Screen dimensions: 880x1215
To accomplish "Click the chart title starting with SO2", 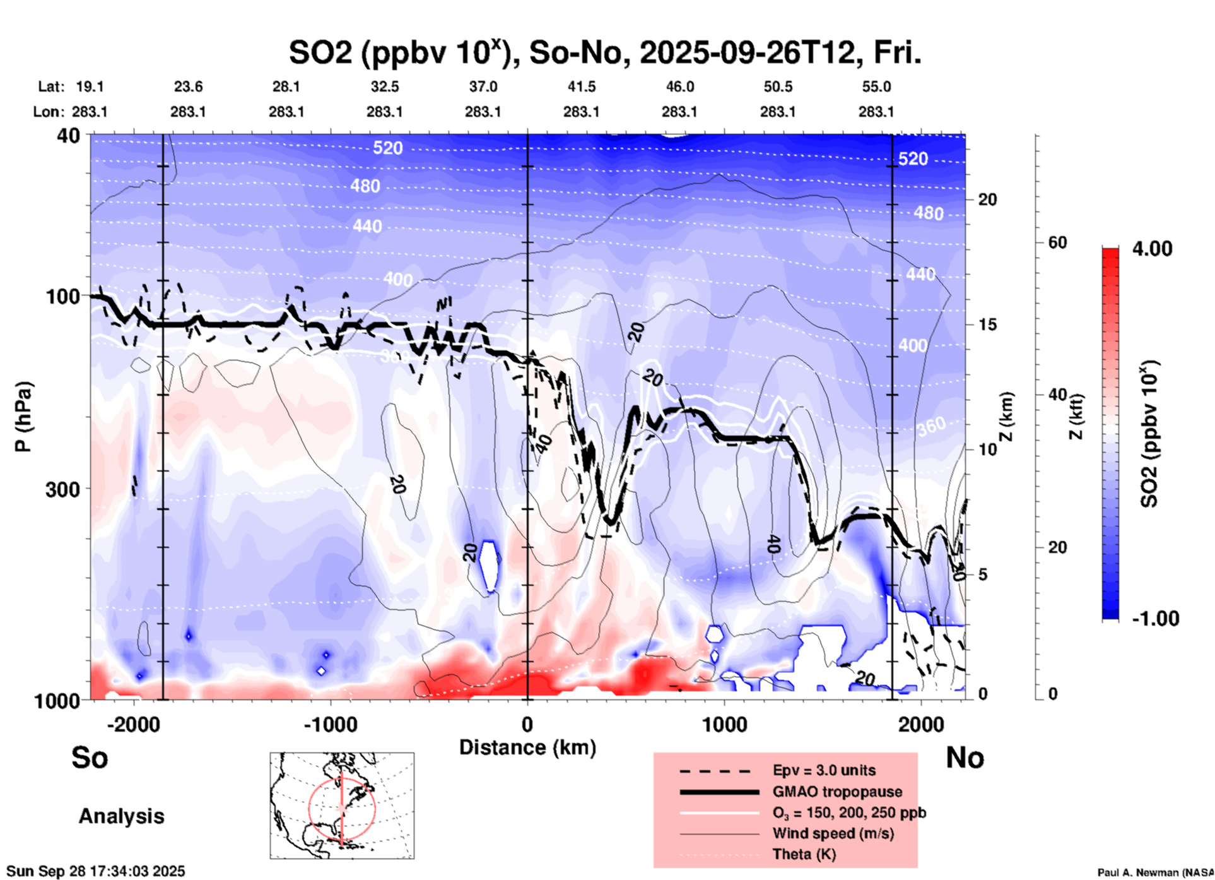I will [605, 52].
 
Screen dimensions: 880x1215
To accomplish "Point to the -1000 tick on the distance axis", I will [330, 725].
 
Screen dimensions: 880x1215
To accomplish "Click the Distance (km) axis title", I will [527, 747].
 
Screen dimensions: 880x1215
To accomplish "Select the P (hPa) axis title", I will [23, 417].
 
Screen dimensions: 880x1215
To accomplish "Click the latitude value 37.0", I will [483, 86].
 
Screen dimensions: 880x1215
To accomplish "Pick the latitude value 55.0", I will [876, 86].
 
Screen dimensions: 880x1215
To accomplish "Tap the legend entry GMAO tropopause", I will [837, 792].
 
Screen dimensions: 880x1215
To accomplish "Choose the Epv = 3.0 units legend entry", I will [824, 770].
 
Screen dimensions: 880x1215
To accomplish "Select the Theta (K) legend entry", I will [804, 854].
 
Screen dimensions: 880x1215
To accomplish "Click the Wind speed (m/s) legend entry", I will [833, 833].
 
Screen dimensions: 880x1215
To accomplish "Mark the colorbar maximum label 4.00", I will [1152, 248].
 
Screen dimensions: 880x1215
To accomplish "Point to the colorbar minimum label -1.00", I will [1155, 619].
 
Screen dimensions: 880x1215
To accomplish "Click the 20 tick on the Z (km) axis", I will [987, 200].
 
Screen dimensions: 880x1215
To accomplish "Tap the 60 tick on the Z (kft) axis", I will [1057, 242].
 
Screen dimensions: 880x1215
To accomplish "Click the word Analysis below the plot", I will [121, 816].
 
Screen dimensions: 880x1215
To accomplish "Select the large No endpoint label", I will [965, 758].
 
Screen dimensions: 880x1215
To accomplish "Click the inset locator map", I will [342, 806].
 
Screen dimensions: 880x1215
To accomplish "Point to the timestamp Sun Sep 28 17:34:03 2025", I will [96, 871].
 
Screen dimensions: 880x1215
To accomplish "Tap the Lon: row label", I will [49, 112].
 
